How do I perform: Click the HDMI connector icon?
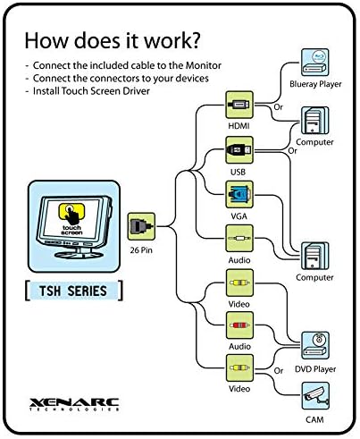pos(239,105)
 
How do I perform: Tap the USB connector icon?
pos(239,150)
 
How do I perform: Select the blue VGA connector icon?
pos(239,194)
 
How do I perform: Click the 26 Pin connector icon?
pos(141,226)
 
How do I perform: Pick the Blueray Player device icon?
pos(315,63)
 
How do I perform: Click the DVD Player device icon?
pos(315,345)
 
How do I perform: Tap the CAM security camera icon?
pos(315,396)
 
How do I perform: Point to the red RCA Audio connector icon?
pos(239,325)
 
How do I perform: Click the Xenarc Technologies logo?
pos(74,404)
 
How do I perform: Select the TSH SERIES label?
pos(73,291)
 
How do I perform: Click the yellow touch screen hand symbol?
pos(71,214)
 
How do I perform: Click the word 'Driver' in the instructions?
pos(137,91)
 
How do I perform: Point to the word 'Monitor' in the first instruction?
pos(204,65)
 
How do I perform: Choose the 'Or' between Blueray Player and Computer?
pos(278,107)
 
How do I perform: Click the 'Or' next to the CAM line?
pos(279,371)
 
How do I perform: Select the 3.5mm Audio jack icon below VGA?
pos(239,239)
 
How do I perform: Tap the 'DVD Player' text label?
pos(315,369)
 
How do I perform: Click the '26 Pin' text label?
pos(141,250)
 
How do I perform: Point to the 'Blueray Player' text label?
pos(315,84)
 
